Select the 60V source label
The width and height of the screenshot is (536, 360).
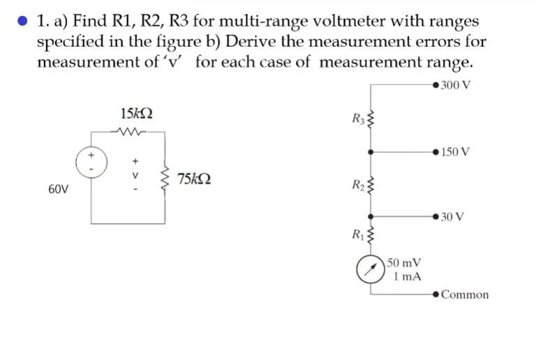(59, 189)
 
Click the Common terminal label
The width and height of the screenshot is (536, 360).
(465, 294)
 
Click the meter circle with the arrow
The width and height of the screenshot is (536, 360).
(371, 269)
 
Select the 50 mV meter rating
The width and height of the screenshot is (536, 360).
(404, 263)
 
